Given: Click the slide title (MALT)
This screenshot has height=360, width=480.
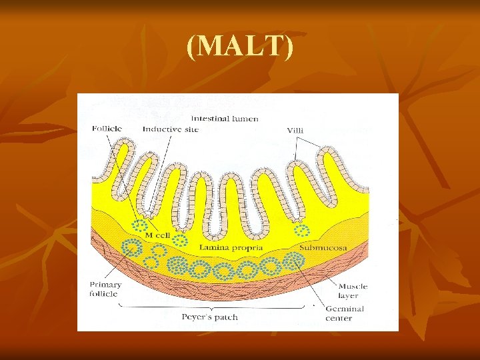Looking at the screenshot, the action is (240, 48).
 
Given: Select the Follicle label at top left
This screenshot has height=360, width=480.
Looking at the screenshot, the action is (106, 129).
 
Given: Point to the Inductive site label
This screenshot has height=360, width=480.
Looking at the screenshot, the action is (170, 129).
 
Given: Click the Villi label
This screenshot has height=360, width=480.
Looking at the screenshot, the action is (297, 130).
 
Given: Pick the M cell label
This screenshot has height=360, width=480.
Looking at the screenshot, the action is (158, 235).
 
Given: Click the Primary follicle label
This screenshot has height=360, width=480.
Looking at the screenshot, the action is (105, 289).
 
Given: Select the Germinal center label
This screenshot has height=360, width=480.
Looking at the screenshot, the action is (344, 313).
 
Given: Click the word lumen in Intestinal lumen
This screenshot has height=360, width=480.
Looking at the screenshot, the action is (245, 119).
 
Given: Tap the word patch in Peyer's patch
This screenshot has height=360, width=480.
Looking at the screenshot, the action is (225, 317).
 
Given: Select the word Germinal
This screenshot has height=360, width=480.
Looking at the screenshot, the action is (344, 309).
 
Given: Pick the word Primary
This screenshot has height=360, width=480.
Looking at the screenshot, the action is (105, 285).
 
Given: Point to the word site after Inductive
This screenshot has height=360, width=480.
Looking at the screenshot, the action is (191, 129).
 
